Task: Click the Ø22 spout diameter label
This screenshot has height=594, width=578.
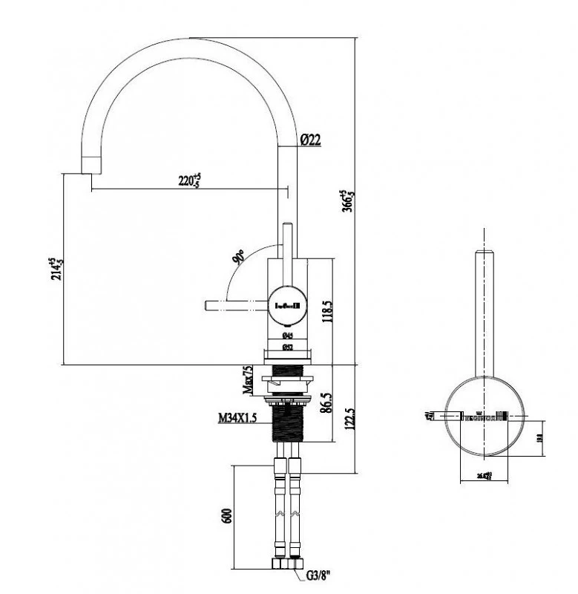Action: point(310,139)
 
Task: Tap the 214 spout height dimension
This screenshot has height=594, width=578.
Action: point(53,271)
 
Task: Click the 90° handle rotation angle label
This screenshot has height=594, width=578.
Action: point(239,258)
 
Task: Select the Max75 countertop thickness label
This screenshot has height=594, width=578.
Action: point(249,379)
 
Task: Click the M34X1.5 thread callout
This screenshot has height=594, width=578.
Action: point(237,419)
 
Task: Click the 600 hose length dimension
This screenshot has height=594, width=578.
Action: point(228,517)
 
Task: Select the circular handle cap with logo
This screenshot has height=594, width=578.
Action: point(288,304)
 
